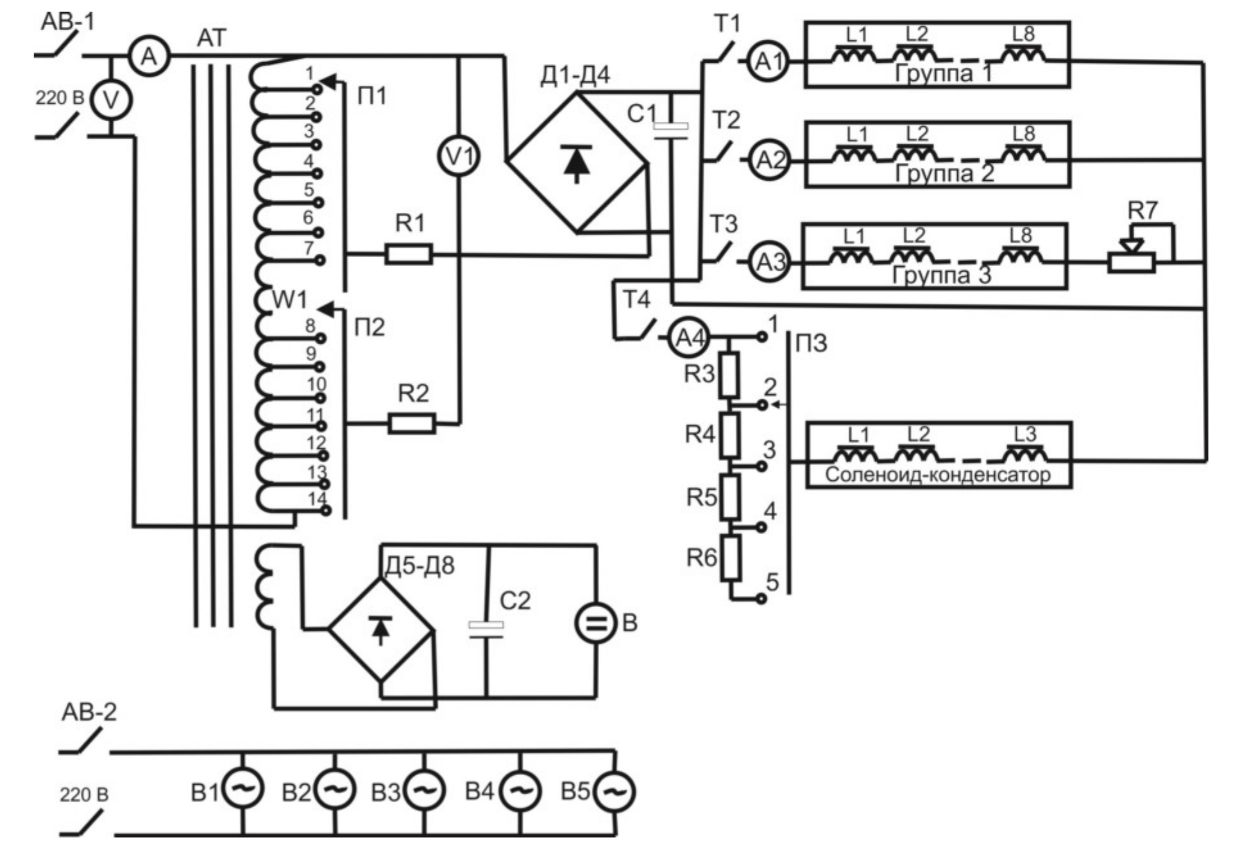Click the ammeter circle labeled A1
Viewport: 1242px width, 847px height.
click(768, 62)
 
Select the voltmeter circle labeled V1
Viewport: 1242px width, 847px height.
click(458, 156)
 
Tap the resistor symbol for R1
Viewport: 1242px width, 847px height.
click(409, 254)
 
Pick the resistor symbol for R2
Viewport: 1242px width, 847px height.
click(411, 423)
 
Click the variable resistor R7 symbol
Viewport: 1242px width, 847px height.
click(1132, 262)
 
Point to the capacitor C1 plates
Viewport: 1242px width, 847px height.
click(670, 131)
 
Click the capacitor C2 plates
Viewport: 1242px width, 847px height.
click(486, 629)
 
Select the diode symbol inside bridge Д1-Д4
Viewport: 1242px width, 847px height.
click(576, 163)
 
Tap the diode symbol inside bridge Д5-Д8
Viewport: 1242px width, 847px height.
click(381, 629)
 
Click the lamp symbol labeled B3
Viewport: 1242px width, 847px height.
click(424, 791)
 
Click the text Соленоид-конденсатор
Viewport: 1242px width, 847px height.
click(937, 475)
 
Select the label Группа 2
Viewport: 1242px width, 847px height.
click(944, 173)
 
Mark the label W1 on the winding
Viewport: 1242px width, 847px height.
click(289, 299)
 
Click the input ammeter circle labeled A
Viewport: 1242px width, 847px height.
click(149, 56)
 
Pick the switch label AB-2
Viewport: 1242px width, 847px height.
click(89, 712)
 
